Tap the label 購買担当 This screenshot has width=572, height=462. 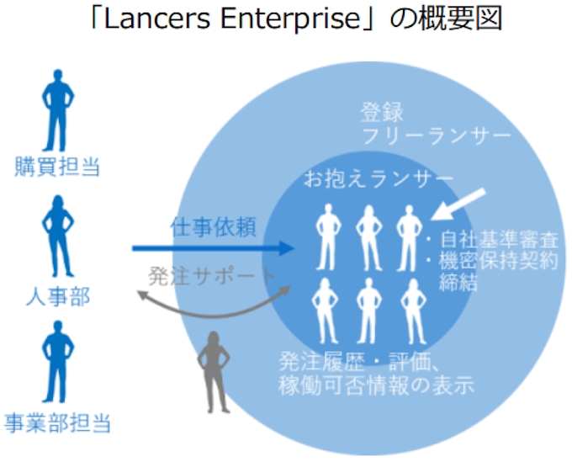point(57,167)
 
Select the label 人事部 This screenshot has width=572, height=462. point(57,295)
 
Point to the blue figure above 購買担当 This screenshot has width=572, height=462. point(57,114)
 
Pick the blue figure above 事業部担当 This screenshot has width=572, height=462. point(57,366)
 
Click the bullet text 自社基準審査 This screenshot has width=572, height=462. point(496,238)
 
